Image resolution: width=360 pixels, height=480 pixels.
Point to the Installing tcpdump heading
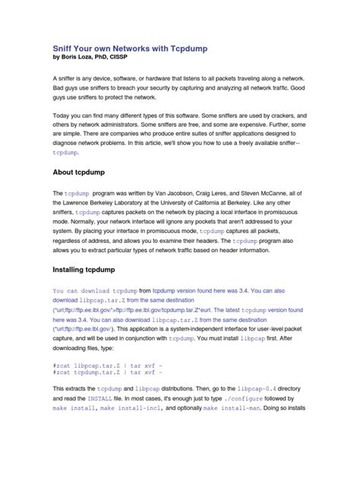click(90, 269)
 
